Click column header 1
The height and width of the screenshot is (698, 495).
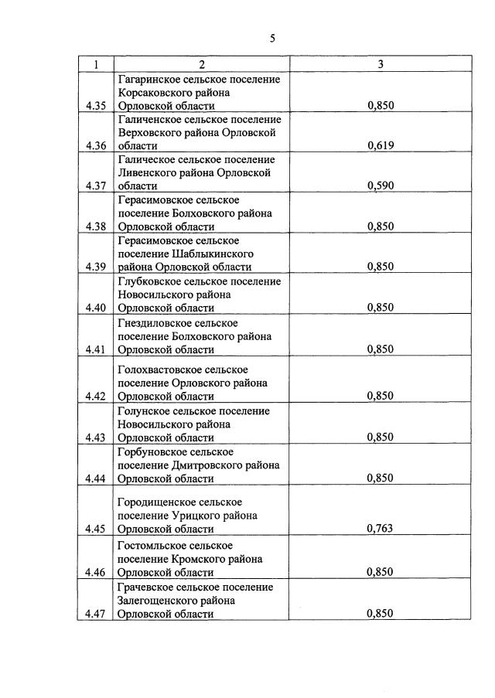tap(95, 64)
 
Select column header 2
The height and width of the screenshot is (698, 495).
tap(201, 64)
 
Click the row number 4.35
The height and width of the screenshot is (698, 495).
tap(95, 106)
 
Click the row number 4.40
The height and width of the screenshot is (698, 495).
tap(95, 307)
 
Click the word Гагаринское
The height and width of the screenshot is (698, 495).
tap(149, 80)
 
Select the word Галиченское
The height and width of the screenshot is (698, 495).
tap(149, 120)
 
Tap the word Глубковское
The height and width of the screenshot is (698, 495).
tap(148, 281)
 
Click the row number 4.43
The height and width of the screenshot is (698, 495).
tap(95, 437)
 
